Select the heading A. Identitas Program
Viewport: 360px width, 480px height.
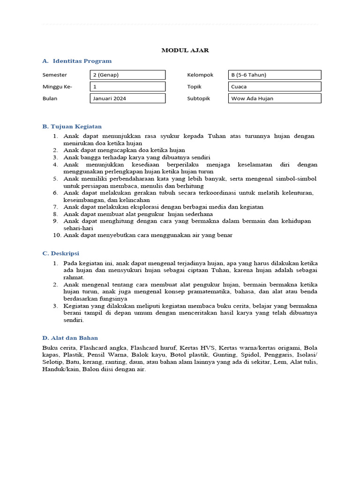pyautogui.click(x=77, y=61)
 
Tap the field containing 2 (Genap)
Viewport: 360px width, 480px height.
pyautogui.click(x=127, y=75)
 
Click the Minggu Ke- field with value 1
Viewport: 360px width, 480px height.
pyautogui.click(x=127, y=87)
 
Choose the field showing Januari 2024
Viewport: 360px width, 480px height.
pyautogui.click(x=127, y=98)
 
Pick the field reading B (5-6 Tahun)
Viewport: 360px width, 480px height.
pyautogui.click(x=275, y=75)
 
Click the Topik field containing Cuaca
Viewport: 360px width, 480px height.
pyautogui.click(x=275, y=87)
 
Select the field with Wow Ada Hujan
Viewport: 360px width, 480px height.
pyautogui.click(x=275, y=98)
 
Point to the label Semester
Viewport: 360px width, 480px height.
pyautogui.click(x=54, y=75)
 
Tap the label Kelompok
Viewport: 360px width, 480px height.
pyautogui.click(x=200, y=75)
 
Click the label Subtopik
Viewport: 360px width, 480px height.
pyautogui.click(x=199, y=98)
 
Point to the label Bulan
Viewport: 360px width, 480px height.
pyautogui.click(x=50, y=98)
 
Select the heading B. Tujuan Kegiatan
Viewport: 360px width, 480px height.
pyautogui.click(x=72, y=127)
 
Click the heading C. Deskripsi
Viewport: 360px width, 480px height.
pyautogui.click(x=61, y=254)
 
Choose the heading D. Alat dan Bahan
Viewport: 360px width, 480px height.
pyautogui.click(x=70, y=338)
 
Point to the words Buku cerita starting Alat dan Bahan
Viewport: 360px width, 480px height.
pyautogui.click(x=59, y=348)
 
